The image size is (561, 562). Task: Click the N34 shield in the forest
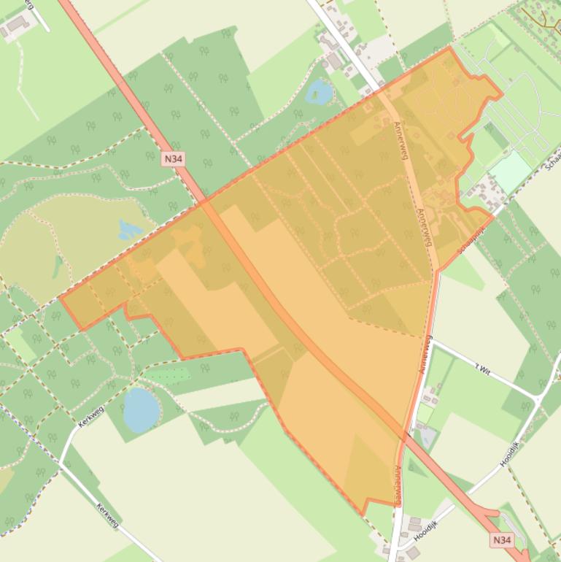point(172,158)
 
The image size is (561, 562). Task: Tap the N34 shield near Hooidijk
point(501,540)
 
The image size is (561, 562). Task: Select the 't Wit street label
point(482,372)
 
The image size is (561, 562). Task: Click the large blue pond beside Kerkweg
point(141,409)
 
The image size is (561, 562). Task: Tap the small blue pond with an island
point(320,92)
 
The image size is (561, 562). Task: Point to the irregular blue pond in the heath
point(130,231)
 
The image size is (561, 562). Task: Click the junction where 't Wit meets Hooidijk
point(539,399)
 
